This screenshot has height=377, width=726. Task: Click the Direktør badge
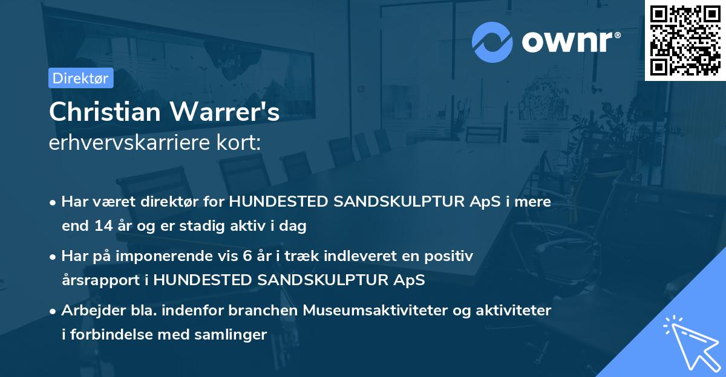point(80,78)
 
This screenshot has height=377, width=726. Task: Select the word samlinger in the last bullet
point(237,335)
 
